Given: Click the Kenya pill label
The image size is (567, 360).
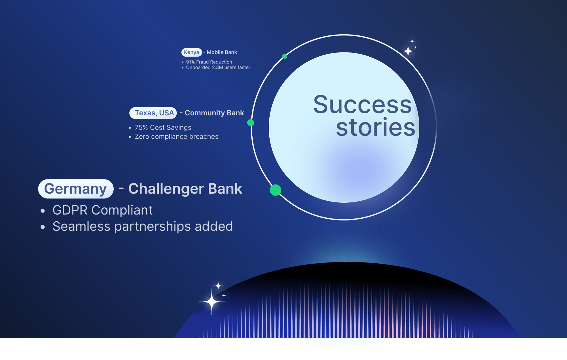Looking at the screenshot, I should point(191,52).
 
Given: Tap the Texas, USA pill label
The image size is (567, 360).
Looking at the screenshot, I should point(153,113).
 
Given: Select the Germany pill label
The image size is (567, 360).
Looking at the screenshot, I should point(76,189).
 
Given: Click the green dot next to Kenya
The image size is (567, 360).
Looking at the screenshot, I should point(285,56).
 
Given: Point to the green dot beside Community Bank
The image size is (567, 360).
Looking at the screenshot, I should point(251,123).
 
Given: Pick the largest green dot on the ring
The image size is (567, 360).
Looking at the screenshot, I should point(275,190).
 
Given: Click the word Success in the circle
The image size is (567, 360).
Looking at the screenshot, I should point(362,105).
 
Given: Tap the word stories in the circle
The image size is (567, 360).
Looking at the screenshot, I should point(375,127).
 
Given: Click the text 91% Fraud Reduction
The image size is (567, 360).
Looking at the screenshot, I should point(209,62).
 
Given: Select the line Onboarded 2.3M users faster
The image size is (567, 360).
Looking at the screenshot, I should point(218,67).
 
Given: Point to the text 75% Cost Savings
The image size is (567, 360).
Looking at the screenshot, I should point(163,128).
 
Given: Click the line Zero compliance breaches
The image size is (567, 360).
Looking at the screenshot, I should point(176,137).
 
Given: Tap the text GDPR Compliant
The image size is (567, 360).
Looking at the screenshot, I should point(102,210).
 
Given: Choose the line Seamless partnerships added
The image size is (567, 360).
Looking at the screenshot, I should point(143,226).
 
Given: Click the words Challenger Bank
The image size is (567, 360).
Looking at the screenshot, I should point(185,189).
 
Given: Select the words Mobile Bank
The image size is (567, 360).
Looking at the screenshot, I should point(222,52).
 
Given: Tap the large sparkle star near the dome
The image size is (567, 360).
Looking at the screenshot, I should point(211,302).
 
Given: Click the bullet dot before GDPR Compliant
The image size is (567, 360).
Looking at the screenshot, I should point(43,211).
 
